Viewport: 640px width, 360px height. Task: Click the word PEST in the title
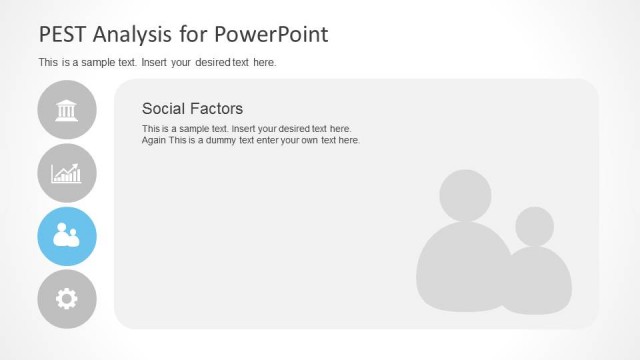point(62,34)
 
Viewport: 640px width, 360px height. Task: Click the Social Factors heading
point(192,108)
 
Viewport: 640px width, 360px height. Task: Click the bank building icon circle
point(67,110)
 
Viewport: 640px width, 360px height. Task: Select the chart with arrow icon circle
point(67,173)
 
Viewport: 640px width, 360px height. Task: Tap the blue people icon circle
point(67,236)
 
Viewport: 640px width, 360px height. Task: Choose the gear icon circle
point(67,299)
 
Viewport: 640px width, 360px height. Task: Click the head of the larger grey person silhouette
point(465,196)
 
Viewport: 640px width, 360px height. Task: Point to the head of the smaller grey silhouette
point(534,226)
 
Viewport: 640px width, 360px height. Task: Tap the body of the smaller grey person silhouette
point(538,282)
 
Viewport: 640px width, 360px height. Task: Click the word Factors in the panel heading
point(217,108)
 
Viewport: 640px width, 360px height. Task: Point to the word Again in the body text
point(155,140)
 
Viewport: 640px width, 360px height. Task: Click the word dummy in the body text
point(229,140)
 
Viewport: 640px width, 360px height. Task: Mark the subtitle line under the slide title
point(157,62)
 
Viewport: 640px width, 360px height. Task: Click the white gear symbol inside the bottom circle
point(67,299)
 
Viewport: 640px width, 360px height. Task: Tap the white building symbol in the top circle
point(67,109)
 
